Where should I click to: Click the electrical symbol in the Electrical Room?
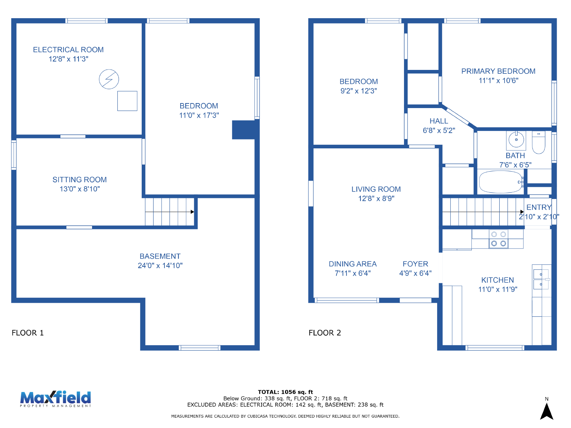[x=109, y=79]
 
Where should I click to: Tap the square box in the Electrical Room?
[x=127, y=101]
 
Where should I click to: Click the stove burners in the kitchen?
[x=499, y=239]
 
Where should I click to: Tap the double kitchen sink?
[x=541, y=279]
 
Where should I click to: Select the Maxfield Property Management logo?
[x=55, y=399]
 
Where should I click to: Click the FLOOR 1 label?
[x=27, y=333]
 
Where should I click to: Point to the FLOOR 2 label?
[x=325, y=333]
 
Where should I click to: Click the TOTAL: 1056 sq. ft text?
[x=285, y=392]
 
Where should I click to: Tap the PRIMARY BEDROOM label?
[x=498, y=71]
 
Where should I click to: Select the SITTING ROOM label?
[x=80, y=179]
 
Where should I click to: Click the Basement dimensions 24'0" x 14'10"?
[x=160, y=266]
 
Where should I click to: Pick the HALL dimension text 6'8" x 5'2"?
[x=439, y=131]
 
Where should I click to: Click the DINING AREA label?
[x=353, y=264]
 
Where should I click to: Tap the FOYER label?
[x=415, y=264]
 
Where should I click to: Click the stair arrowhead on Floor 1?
[x=192, y=212]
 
